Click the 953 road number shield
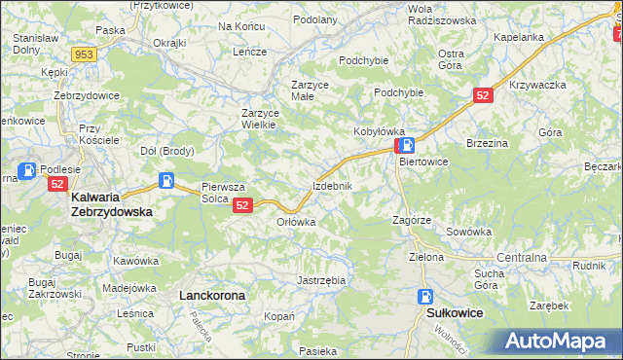click(x=83, y=54)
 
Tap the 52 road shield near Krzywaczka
click(x=484, y=94)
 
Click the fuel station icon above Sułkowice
click(x=425, y=297)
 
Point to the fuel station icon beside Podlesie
click(x=28, y=171)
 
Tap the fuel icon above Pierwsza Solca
click(x=167, y=181)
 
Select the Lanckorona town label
click(x=211, y=294)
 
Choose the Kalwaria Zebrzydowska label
click(x=110, y=203)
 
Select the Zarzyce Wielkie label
click(x=260, y=119)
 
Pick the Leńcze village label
click(x=249, y=52)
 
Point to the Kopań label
click(x=278, y=317)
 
